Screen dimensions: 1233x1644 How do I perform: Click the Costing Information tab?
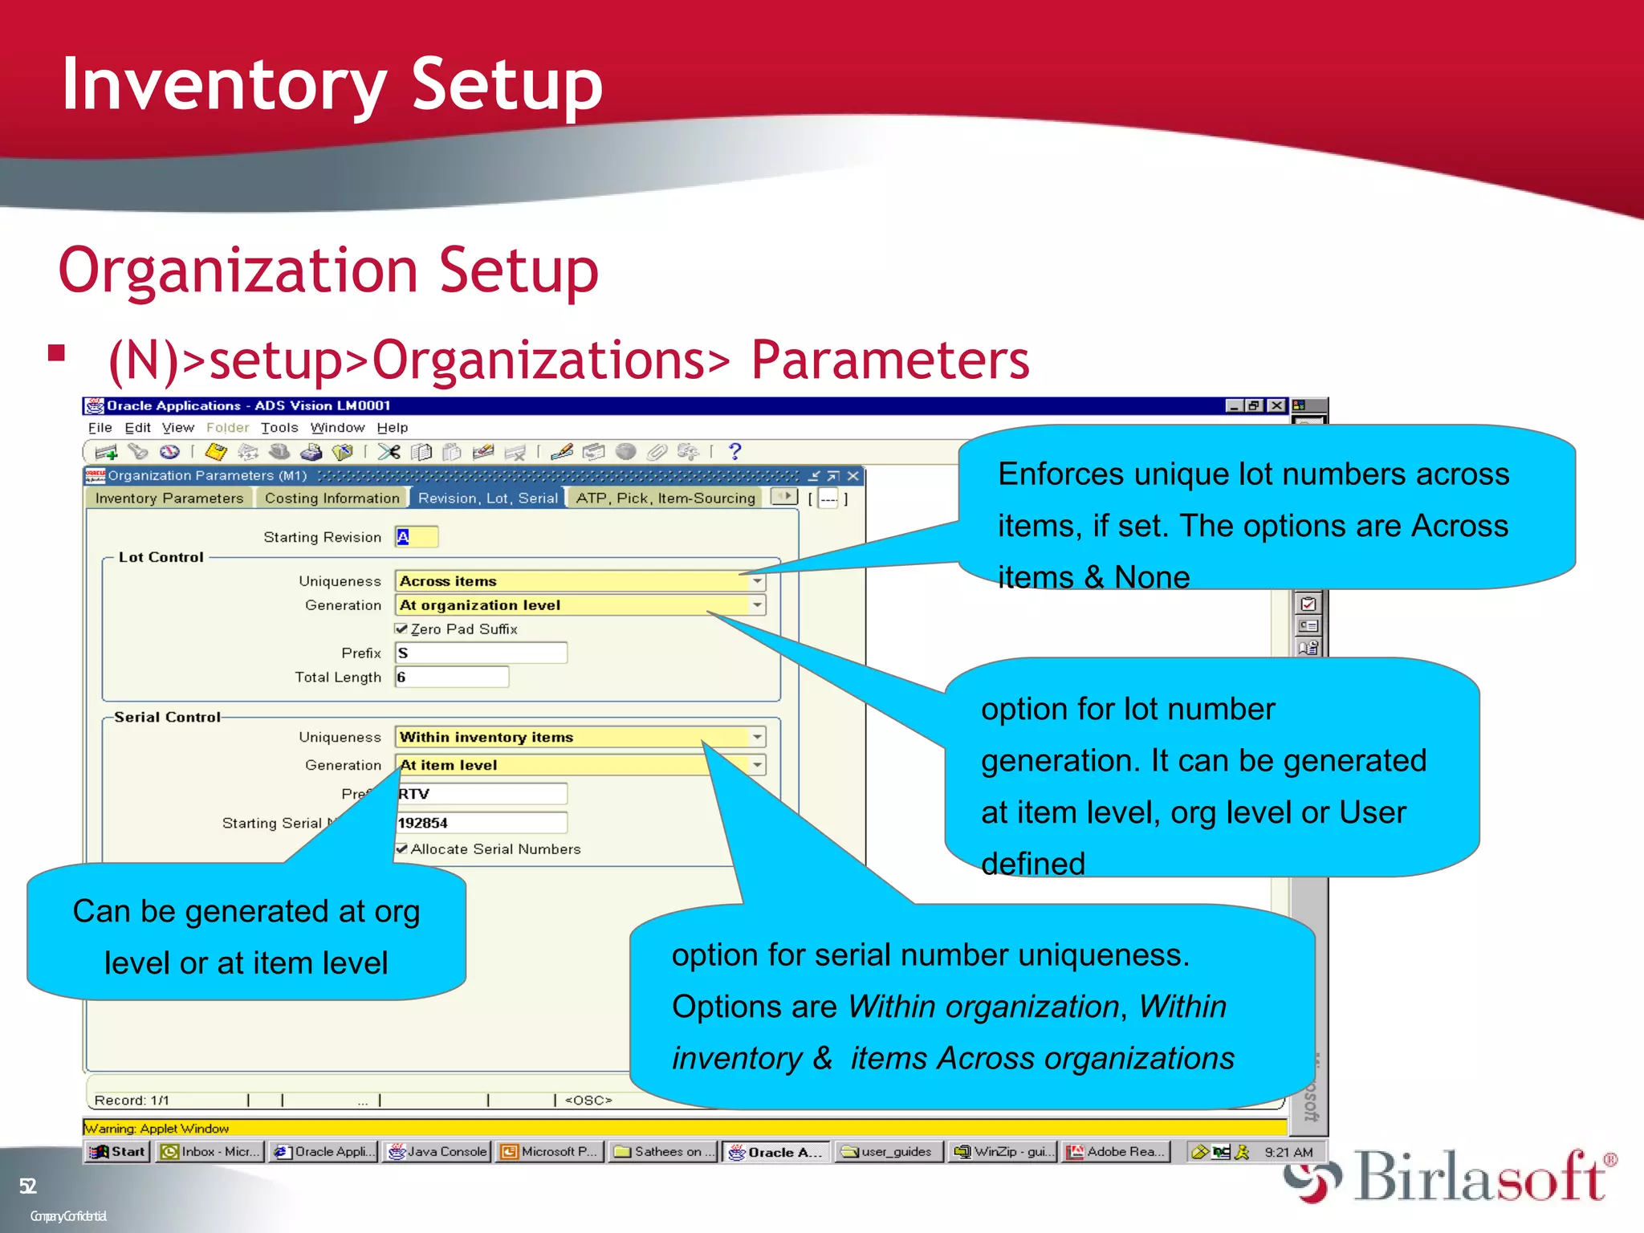pos(332,498)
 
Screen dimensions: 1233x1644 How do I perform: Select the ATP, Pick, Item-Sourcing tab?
pos(665,498)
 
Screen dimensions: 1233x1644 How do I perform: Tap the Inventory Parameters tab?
pos(169,498)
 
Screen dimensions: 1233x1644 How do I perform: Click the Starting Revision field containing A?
pos(416,537)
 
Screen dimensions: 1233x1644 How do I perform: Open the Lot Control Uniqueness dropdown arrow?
pos(757,580)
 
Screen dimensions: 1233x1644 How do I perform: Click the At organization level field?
pos(572,604)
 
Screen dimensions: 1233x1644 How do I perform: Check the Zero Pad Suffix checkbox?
pos(401,629)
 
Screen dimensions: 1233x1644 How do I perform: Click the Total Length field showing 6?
pos(452,677)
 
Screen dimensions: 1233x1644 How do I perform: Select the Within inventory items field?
pos(572,737)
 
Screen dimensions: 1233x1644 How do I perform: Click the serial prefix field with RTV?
pos(482,794)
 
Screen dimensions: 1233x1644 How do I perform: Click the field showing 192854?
pos(482,823)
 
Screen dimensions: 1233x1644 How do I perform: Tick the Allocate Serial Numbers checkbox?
pos(401,848)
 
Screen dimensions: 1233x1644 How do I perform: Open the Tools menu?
pos(279,428)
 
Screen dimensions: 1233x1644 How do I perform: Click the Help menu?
pos(393,428)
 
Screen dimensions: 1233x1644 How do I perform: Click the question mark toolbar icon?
pos(735,452)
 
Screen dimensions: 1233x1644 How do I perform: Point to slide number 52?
pos(27,1186)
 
